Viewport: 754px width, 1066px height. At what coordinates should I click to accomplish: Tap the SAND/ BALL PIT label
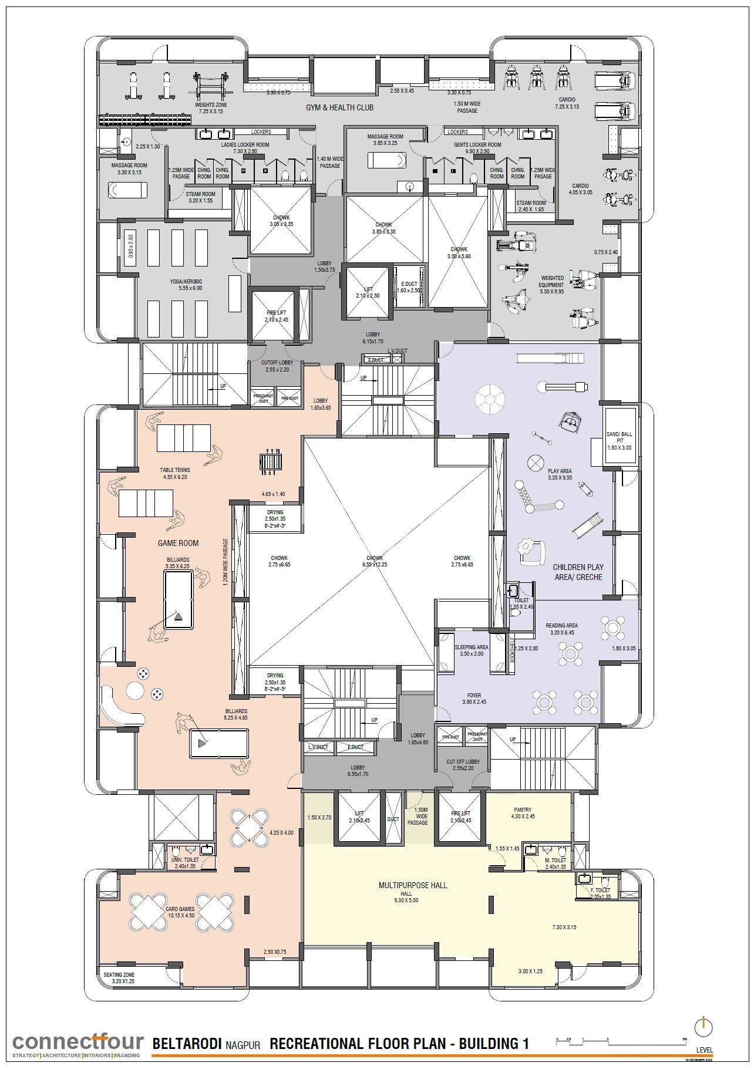click(620, 437)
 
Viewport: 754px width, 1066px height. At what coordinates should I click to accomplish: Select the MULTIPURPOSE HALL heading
click(412, 885)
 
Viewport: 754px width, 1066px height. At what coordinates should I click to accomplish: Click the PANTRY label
click(522, 810)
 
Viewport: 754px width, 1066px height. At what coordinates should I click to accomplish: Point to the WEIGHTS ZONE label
click(211, 105)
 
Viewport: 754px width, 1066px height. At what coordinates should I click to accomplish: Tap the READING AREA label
click(561, 626)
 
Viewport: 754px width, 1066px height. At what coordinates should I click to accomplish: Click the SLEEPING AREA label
click(472, 647)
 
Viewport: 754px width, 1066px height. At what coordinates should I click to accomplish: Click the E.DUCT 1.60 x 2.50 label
click(409, 286)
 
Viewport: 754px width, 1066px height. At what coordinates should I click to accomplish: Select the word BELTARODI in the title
click(187, 1044)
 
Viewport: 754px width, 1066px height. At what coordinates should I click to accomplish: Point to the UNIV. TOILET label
click(184, 859)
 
